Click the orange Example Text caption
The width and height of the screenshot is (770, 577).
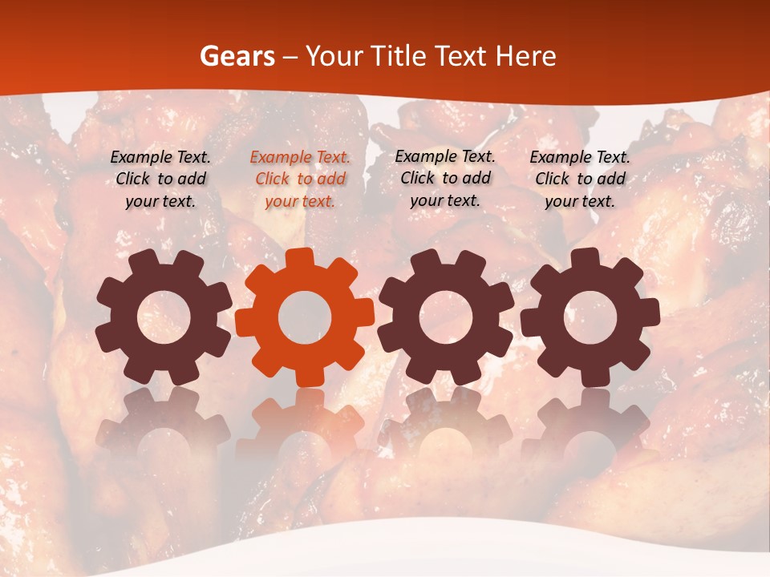[x=300, y=179]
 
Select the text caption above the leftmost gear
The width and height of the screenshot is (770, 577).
[x=160, y=179]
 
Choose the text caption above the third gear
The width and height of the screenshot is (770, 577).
[x=445, y=178]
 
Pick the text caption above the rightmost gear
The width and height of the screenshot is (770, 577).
[x=580, y=179]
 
